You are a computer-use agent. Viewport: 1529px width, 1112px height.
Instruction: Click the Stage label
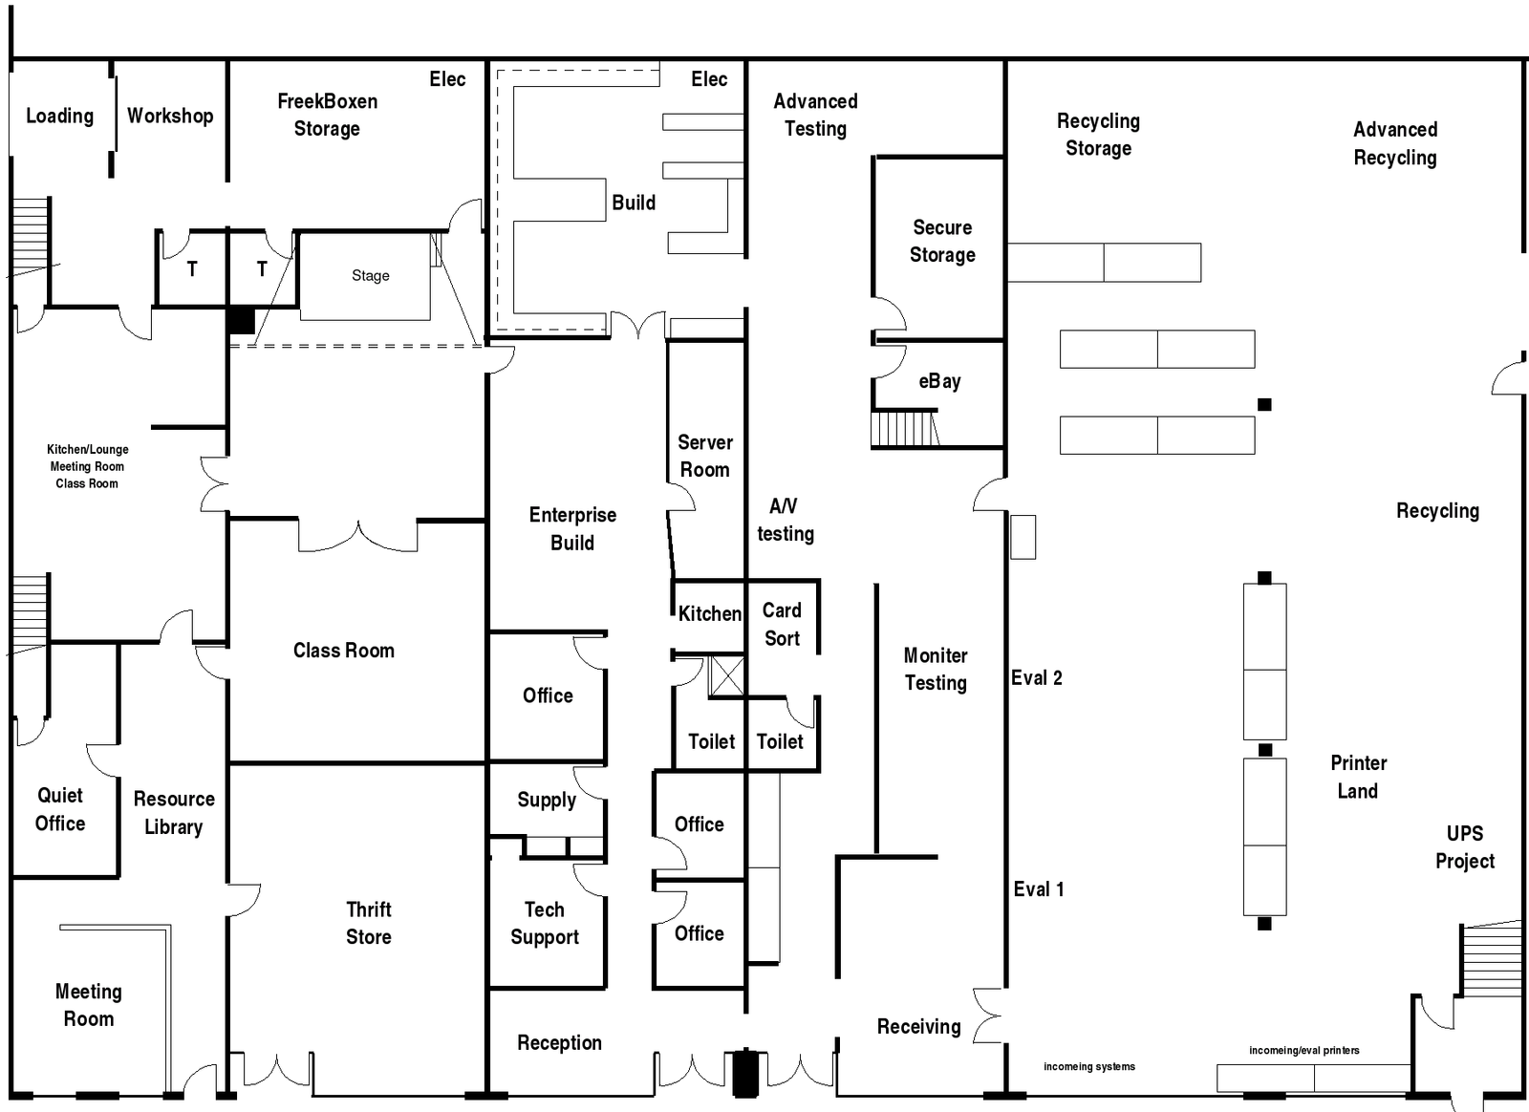point(371,276)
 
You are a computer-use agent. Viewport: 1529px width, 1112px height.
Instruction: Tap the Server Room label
point(705,456)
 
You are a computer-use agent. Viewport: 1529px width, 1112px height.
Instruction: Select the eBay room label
point(940,381)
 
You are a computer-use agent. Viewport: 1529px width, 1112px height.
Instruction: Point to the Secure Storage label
point(942,241)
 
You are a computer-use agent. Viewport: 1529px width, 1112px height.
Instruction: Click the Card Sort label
point(782,624)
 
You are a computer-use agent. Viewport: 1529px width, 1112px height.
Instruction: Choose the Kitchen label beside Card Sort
point(710,614)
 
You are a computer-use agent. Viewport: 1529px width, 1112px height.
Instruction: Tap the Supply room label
point(547,801)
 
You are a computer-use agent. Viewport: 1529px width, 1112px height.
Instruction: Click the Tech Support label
point(545,923)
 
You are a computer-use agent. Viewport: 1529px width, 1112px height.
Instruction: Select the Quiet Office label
point(60,809)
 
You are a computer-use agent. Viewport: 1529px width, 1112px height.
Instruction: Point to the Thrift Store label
point(369,923)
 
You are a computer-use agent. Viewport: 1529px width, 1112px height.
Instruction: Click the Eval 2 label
point(1037,677)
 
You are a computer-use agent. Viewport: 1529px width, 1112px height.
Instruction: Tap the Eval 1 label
point(1039,888)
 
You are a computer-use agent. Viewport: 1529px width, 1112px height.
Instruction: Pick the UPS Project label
point(1465,847)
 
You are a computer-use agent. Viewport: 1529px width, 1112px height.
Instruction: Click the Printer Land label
point(1358,777)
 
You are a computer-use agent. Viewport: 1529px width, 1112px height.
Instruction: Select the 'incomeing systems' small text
point(1089,1066)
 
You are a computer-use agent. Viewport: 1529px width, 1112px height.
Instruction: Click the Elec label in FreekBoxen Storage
point(448,79)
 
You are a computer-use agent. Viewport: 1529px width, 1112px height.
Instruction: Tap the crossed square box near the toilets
point(727,676)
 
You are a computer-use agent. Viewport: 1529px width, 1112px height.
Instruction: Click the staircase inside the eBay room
point(904,428)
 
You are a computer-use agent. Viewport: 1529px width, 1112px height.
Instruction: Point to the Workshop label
point(170,116)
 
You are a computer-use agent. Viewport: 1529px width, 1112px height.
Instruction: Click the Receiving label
point(918,1027)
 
